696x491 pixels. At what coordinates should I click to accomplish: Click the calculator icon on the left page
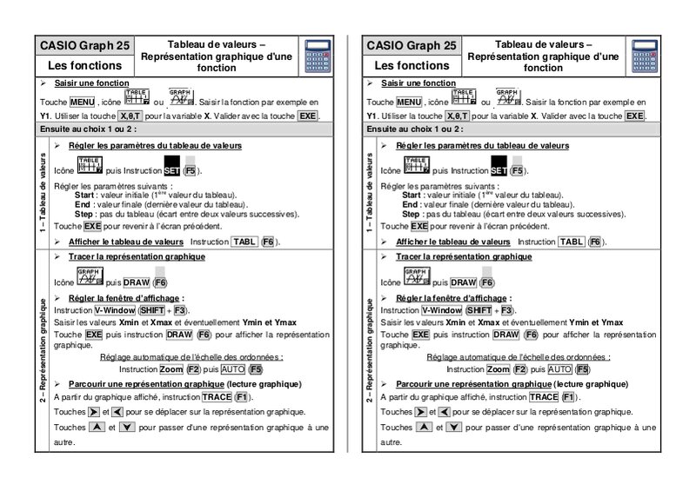314,55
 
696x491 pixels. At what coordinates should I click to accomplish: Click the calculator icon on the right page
642,55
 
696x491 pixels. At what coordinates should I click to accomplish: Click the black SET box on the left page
171,171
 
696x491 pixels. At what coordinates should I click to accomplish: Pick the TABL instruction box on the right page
572,242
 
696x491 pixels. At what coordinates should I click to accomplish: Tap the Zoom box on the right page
499,369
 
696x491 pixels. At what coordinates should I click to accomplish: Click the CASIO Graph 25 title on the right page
411,45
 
